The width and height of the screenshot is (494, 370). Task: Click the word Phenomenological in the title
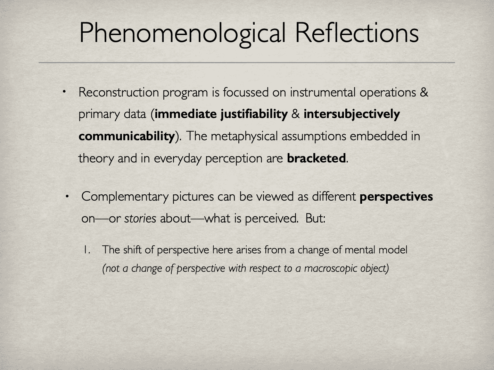point(182,33)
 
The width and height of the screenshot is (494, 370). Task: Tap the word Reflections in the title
point(357,33)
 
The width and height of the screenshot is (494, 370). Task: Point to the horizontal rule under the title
point(247,62)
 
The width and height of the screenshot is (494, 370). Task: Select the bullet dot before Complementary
point(67,196)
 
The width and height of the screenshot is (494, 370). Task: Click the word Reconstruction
point(118,92)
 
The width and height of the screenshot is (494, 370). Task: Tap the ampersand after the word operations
point(424,92)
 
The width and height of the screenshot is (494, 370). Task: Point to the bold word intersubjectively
point(352,114)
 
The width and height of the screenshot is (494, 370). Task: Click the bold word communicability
point(126,136)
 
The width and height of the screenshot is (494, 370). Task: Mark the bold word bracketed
point(316,158)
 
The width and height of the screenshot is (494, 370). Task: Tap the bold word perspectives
point(396,197)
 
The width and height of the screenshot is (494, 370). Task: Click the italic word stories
point(140,218)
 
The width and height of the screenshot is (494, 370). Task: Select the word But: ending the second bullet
point(315,218)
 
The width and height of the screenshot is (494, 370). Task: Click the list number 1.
point(87,250)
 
